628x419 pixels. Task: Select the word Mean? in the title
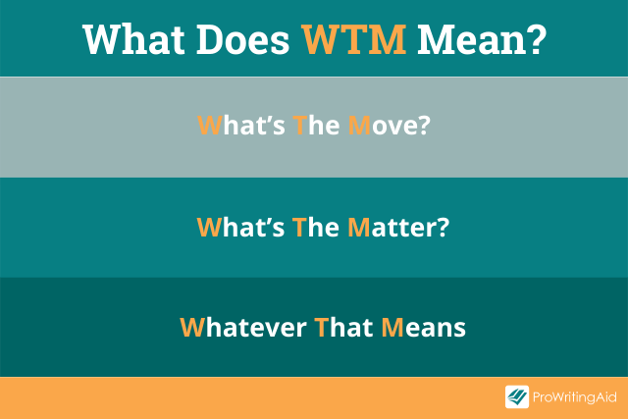click(482, 38)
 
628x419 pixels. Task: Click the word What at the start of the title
click(136, 38)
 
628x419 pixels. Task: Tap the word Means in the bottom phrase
click(423, 327)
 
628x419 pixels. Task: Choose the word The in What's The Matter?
click(314, 227)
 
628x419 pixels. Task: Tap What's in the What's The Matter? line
click(240, 227)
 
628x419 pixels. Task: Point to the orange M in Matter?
click(358, 227)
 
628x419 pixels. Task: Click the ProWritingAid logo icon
click(517, 397)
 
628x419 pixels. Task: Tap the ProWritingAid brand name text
click(572, 397)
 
